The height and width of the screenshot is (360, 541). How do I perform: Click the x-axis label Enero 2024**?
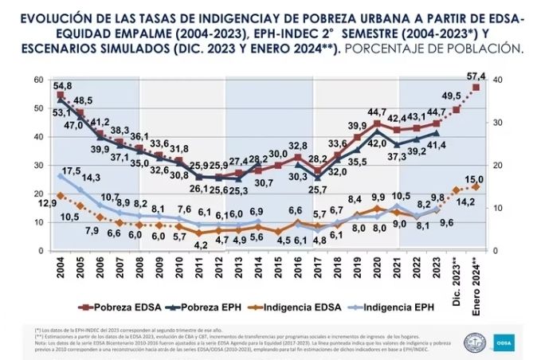coord(476,276)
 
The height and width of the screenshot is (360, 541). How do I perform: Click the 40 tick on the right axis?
coord(498,80)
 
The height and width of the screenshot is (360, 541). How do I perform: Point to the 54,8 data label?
coord(63,85)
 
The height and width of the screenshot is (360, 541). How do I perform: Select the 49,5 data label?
coord(452,96)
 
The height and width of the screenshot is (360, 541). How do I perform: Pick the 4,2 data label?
coord(202,245)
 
